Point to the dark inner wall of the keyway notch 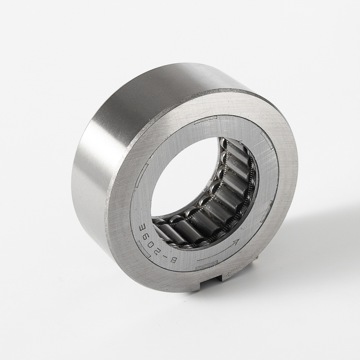pyautogui.click(x=219, y=279)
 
